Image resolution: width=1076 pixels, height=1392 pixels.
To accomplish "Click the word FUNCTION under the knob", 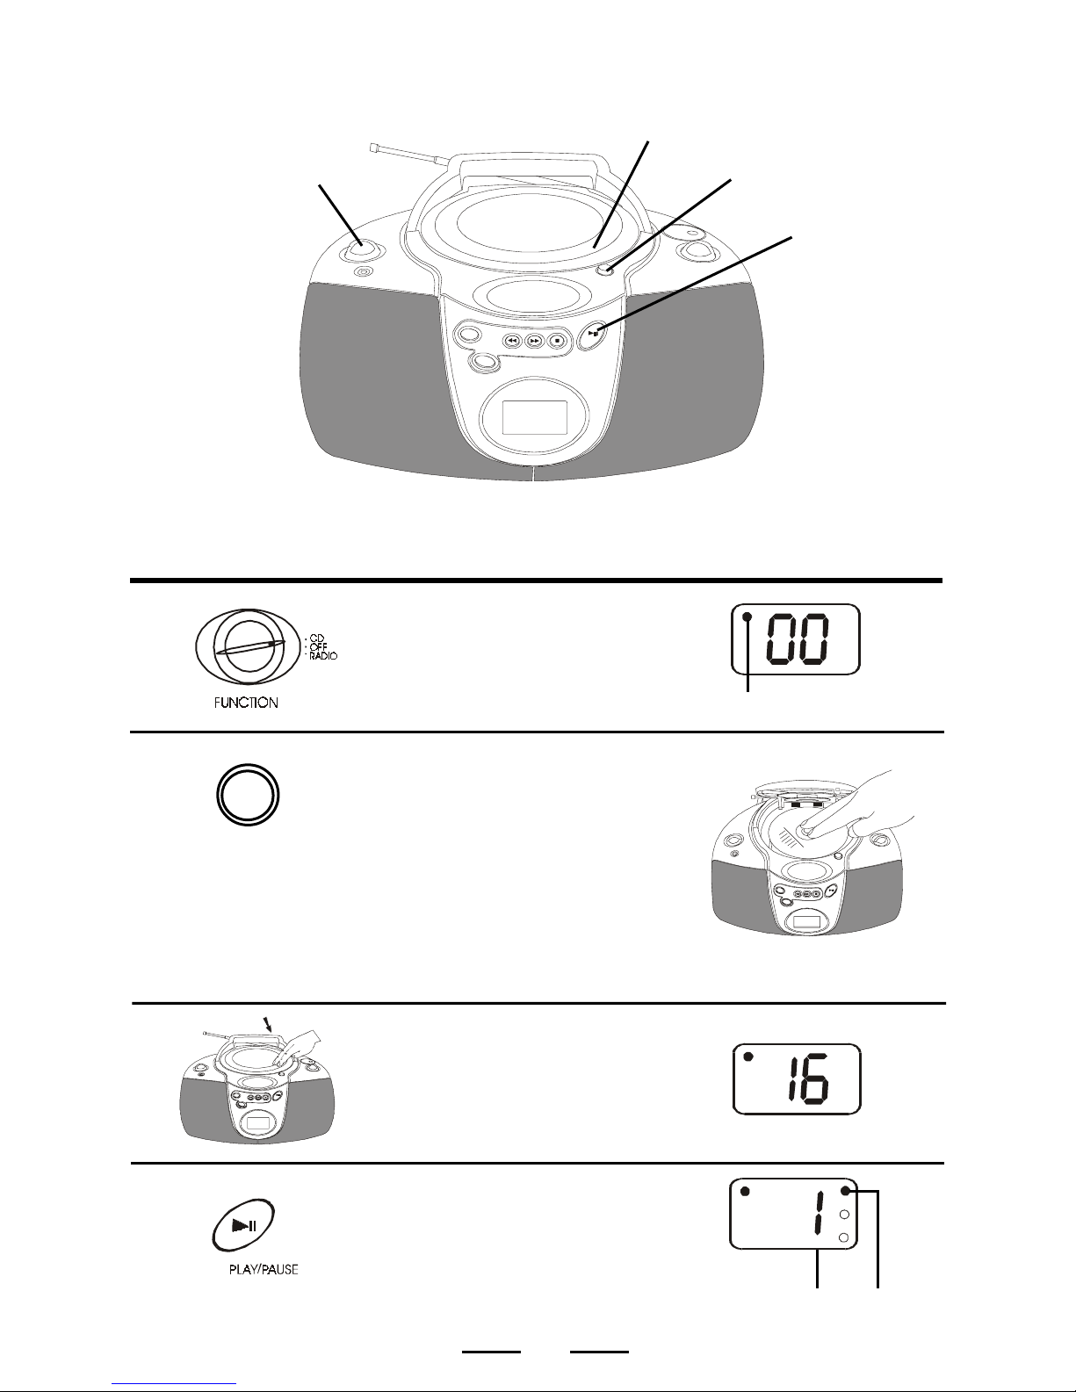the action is [246, 703].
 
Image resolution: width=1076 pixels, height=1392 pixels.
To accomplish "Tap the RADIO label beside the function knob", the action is [323, 656].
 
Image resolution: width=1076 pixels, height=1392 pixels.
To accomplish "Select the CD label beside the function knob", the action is [317, 638].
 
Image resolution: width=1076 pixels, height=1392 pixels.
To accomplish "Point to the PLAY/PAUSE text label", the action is [264, 1269].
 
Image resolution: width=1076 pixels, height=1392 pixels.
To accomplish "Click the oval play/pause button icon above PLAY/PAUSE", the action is [244, 1225].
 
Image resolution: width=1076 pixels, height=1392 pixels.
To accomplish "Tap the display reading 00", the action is [796, 638].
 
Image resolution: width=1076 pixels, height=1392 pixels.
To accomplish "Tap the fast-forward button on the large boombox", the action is [535, 341].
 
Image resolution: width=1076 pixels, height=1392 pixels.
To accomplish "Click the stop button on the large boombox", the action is [557, 341].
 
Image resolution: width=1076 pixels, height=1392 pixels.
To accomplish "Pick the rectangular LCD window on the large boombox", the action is [535, 417].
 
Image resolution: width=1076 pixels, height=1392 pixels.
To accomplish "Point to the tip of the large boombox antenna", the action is [372, 148].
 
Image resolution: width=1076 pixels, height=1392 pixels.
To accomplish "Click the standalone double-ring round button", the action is [248, 794].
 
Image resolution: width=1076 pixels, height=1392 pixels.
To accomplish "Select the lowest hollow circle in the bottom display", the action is [843, 1237].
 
